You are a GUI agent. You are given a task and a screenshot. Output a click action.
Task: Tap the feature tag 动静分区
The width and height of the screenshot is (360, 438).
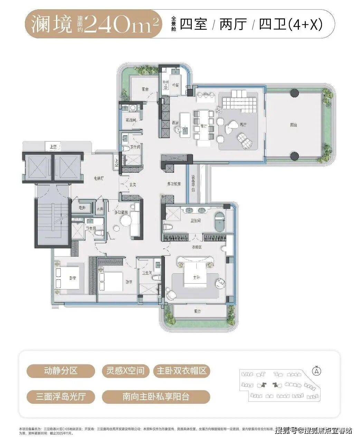[x=60, y=371]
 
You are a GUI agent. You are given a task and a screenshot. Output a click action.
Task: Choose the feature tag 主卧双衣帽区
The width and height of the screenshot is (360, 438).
[x=181, y=371]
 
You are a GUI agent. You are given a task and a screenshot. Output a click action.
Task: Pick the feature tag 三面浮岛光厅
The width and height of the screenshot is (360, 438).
[x=60, y=396]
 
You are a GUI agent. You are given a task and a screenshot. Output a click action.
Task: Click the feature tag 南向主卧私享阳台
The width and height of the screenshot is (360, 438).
[x=156, y=396]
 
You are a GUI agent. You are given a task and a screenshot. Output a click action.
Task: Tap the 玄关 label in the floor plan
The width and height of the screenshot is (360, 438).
[x=133, y=185]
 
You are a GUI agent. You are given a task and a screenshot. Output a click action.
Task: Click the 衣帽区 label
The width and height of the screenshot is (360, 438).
[x=197, y=247]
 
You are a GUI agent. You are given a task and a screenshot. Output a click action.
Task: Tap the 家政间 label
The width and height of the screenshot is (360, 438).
[x=131, y=120]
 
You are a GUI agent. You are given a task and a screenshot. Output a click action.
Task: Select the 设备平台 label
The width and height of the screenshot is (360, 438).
[x=193, y=183]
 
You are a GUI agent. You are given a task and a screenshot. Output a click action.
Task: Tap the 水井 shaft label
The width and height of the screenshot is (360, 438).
[x=100, y=209]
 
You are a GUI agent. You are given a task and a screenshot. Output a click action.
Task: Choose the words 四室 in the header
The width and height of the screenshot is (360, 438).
[x=193, y=25]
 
